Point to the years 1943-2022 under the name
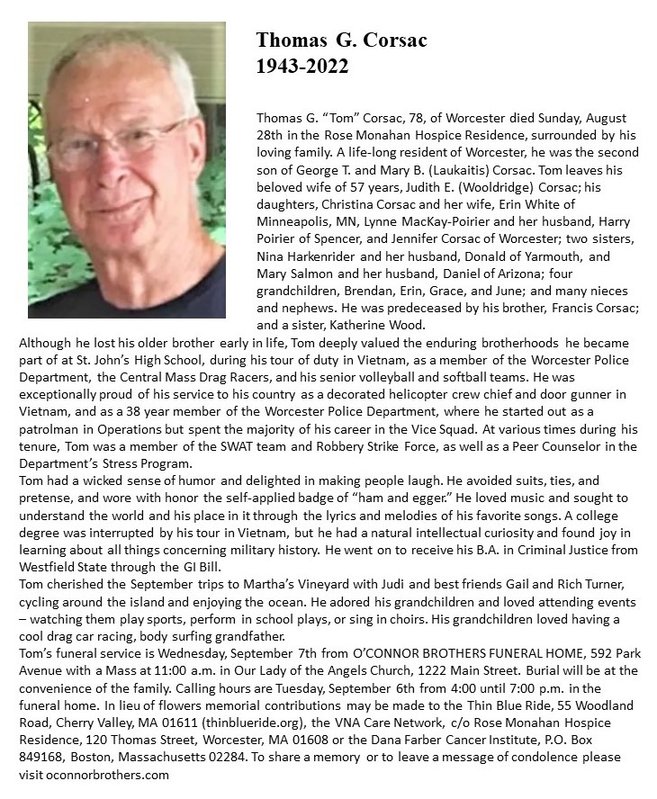click(x=301, y=67)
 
